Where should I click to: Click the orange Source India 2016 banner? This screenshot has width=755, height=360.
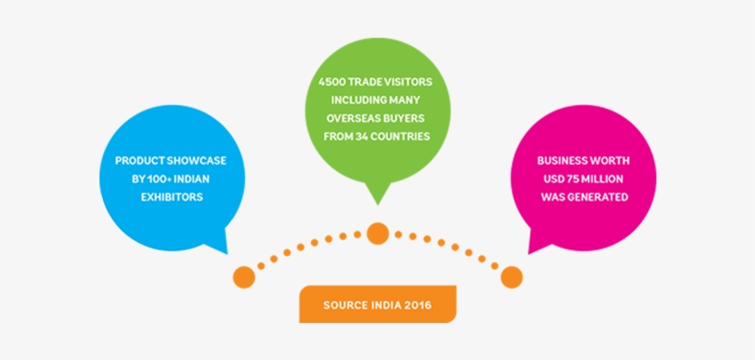[x=377, y=305]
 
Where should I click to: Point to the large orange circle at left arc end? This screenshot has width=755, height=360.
[x=243, y=275]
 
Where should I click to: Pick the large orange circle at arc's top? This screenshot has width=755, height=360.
[x=377, y=233]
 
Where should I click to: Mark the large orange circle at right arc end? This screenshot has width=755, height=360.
[x=512, y=277]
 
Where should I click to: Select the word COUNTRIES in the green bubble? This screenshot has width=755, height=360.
[x=400, y=137]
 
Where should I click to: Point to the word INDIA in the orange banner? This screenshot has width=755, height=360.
[x=381, y=305]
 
